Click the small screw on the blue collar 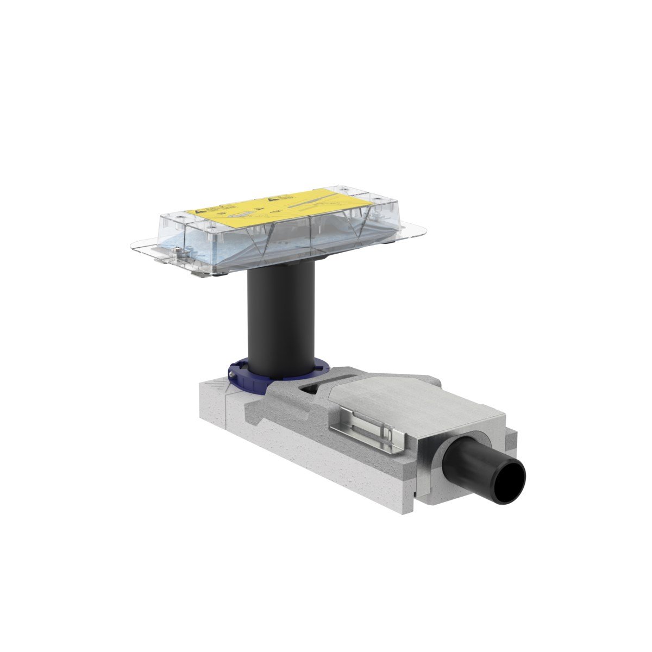[232, 374]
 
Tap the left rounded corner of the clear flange [136, 248]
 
